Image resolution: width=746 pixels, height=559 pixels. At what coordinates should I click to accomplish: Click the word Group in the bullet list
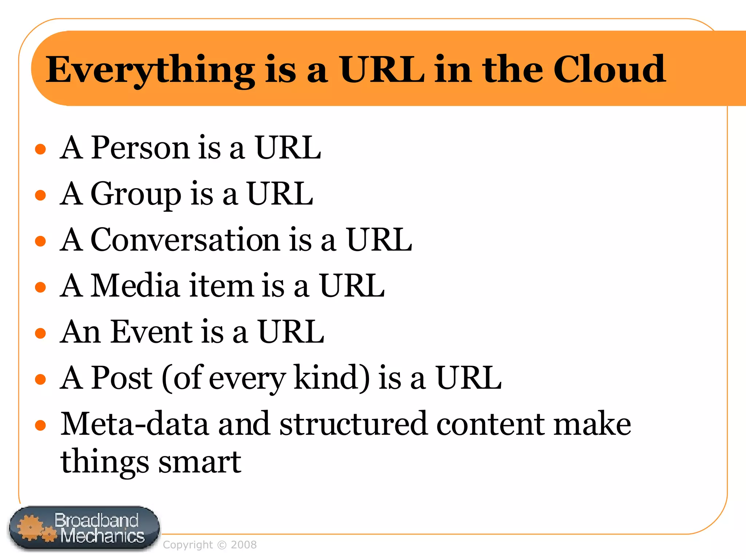(136, 194)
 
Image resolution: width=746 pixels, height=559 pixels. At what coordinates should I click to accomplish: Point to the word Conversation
(185, 240)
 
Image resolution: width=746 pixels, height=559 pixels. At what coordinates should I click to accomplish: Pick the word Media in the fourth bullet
(135, 286)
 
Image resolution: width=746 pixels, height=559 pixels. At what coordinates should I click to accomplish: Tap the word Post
(122, 378)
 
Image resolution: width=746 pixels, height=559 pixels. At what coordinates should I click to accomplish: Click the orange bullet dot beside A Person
(40, 149)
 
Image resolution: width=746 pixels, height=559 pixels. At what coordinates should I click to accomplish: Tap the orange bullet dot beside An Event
(40, 333)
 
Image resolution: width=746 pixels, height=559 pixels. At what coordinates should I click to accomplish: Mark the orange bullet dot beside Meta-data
(40, 425)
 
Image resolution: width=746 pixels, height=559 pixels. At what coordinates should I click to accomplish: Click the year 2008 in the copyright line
(244, 545)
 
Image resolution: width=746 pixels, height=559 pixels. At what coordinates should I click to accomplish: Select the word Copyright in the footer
(188, 545)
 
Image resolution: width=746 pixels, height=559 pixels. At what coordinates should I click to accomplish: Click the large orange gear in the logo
(30, 527)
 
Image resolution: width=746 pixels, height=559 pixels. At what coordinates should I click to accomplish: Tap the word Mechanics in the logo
(102, 536)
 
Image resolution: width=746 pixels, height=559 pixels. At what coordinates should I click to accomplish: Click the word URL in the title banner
(382, 69)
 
